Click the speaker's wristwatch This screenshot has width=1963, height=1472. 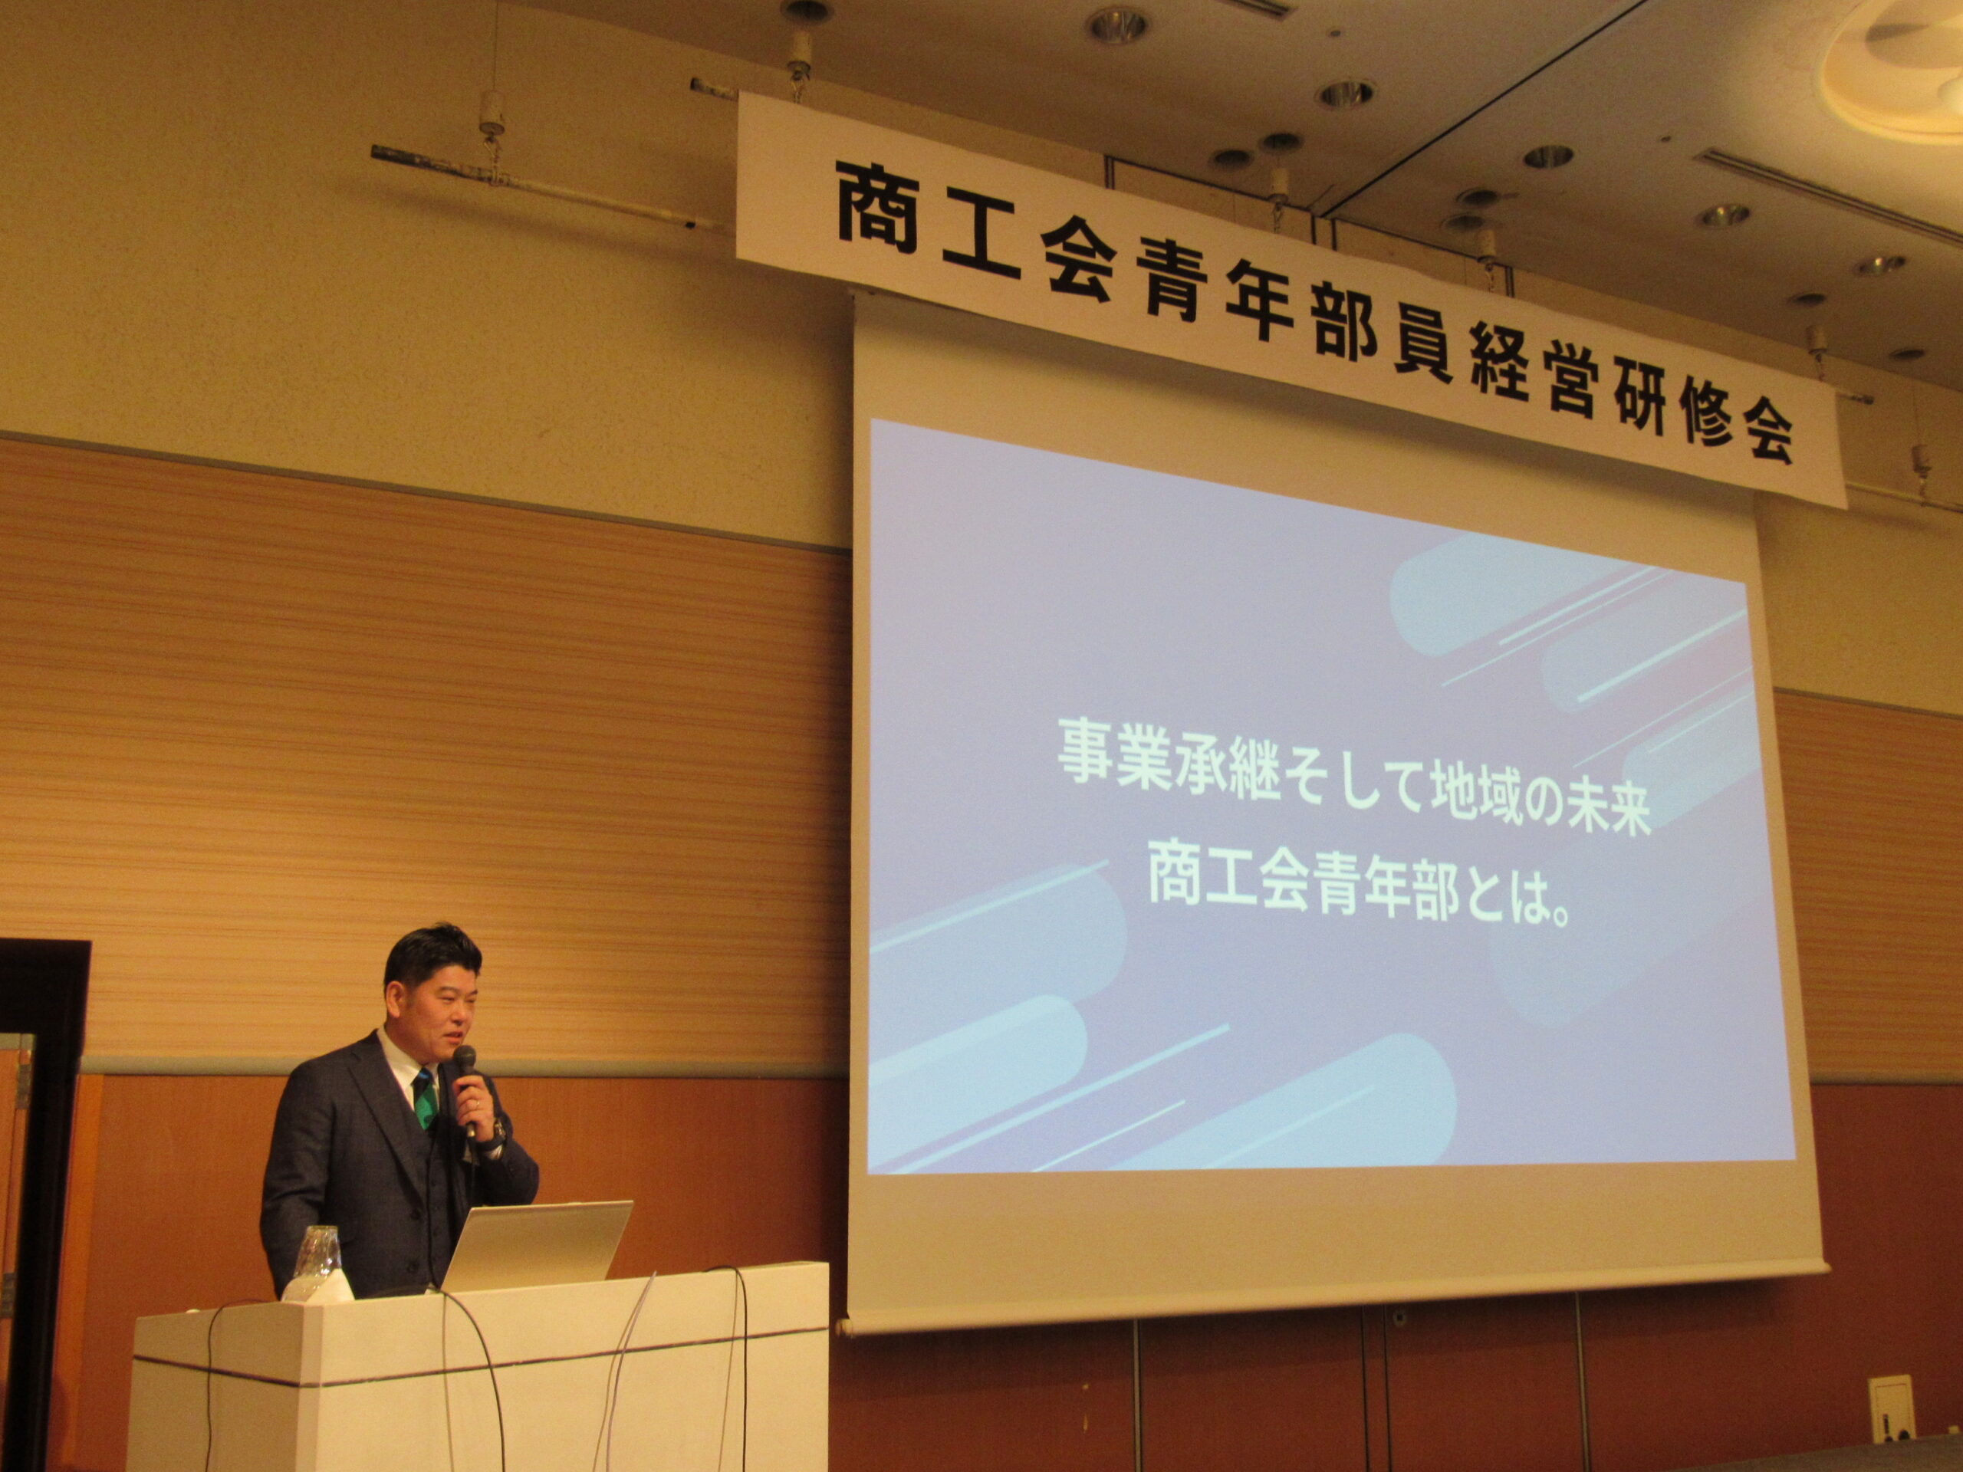click(498, 1133)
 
